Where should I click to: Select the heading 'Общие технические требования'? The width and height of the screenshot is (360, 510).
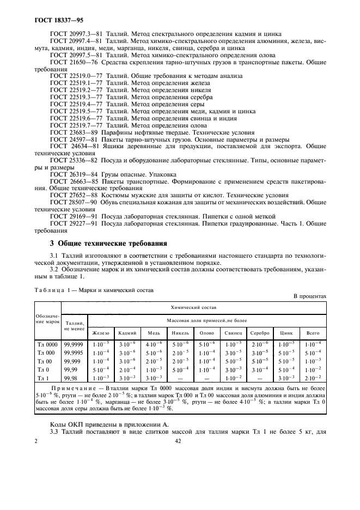(x=108, y=243)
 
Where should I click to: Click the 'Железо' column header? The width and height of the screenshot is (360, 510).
(x=101, y=332)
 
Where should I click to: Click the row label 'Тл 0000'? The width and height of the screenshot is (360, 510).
(x=47, y=344)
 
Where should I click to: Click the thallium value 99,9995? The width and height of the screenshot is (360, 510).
(x=74, y=353)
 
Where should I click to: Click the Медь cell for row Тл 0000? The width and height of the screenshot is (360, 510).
(x=154, y=344)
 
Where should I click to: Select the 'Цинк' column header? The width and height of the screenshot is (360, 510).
(x=286, y=332)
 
